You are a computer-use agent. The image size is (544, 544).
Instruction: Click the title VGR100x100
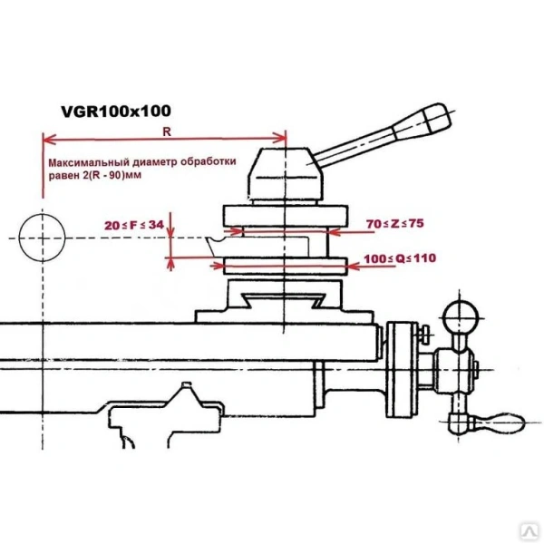(x=115, y=112)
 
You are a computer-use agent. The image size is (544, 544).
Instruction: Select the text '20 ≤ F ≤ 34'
(x=133, y=224)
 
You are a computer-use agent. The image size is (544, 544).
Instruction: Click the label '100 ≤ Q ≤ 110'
(x=400, y=258)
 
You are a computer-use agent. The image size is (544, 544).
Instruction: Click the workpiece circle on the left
(x=42, y=237)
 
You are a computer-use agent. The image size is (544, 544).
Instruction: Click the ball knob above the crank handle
(x=460, y=317)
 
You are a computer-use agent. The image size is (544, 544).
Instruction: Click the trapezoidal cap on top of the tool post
(x=284, y=172)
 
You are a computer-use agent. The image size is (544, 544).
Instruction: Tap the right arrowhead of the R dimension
(x=282, y=140)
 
